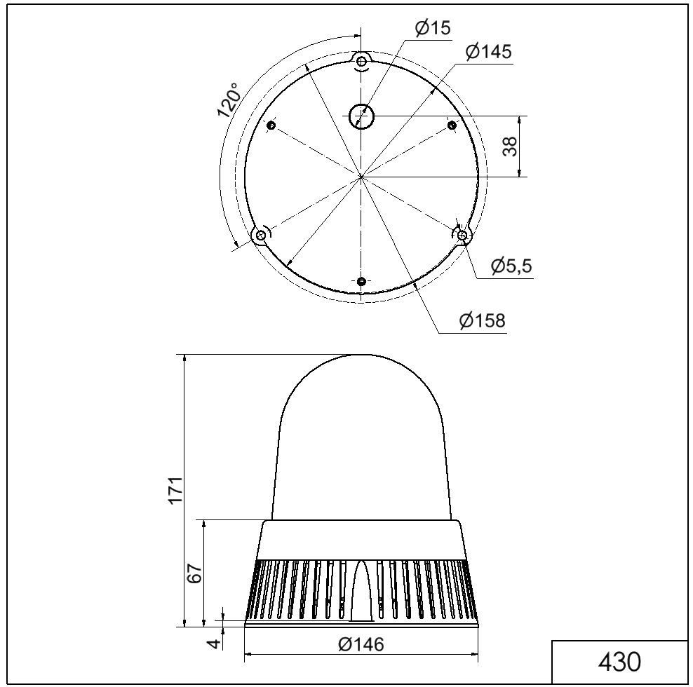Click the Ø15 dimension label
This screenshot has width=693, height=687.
coord(432,28)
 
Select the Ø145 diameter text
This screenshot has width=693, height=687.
coord(488,51)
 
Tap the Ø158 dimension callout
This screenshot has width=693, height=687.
coord(482,320)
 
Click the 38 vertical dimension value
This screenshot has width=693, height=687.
coord(511,146)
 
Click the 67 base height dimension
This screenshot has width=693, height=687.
coord(196,573)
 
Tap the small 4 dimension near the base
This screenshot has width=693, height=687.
coord(216,641)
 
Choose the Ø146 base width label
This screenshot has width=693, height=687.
coord(361,644)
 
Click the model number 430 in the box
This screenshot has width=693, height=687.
coord(619,661)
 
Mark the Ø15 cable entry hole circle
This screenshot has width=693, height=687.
coord(362,116)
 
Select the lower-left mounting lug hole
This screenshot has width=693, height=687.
coord(261,235)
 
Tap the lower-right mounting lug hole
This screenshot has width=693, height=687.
coord(462,236)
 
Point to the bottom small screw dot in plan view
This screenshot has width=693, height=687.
coord(361,281)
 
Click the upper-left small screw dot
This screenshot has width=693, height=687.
coord(272,125)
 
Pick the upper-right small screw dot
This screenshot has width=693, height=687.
coord(452,125)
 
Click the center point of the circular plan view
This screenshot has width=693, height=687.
coord(361,177)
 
